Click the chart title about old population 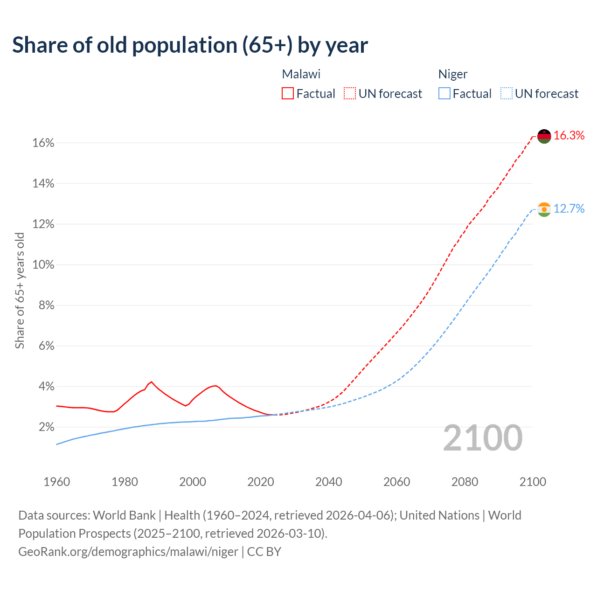coord(190,45)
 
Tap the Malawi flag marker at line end coord(544,136)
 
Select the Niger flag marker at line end coord(544,209)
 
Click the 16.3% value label coord(569,136)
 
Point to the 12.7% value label coord(569,209)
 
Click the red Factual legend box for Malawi coord(288,94)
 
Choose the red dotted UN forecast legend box coord(350,94)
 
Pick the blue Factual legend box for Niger coord(444,94)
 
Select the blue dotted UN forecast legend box coord(506,94)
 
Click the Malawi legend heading coord(301,74)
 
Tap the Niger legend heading coord(453,74)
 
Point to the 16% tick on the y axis coord(43,143)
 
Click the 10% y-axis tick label coord(43,265)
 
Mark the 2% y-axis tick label coord(47,427)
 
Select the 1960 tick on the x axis coord(56,482)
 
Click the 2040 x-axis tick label coord(329,482)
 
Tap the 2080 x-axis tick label coord(465,482)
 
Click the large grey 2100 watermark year coord(483,438)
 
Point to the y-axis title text coord(20,290)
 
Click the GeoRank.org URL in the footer coord(128,552)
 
